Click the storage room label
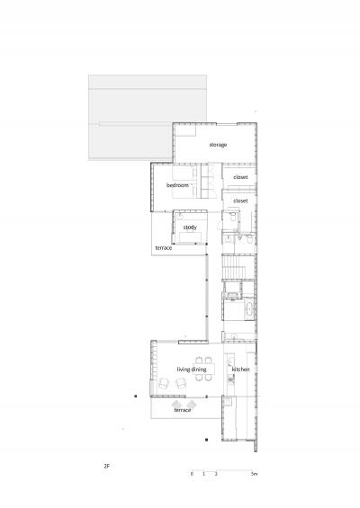(x=218, y=145)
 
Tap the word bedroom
(x=177, y=185)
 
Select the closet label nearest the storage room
(x=240, y=177)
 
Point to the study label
(x=190, y=227)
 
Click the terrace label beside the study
(x=164, y=248)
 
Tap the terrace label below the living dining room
(x=183, y=410)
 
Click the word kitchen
(x=240, y=370)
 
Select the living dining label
(x=192, y=370)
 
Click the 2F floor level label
(x=107, y=467)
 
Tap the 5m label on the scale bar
(x=254, y=474)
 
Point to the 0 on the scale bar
(x=192, y=474)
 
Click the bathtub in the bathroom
(x=249, y=309)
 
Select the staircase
(x=234, y=267)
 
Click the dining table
(x=203, y=369)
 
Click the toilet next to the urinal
(x=249, y=240)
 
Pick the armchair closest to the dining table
(x=181, y=384)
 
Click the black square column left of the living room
(x=136, y=396)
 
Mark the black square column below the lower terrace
(x=207, y=440)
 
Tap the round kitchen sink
(x=230, y=377)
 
